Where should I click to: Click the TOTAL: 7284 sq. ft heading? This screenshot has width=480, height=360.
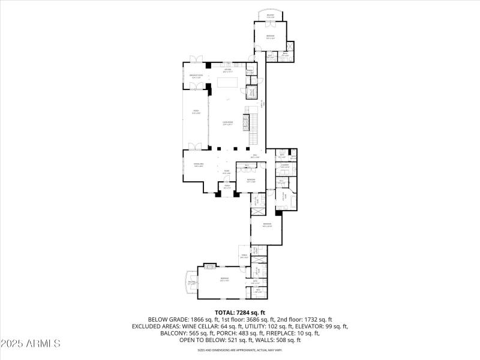[x=239, y=313]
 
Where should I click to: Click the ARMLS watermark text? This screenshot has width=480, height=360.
[x=31, y=344]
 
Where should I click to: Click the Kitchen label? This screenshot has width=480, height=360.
[x=228, y=70]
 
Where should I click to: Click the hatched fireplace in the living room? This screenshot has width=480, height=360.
[x=244, y=123]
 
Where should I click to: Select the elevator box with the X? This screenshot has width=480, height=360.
[x=253, y=92]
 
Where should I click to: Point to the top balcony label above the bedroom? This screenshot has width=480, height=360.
[x=270, y=17]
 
